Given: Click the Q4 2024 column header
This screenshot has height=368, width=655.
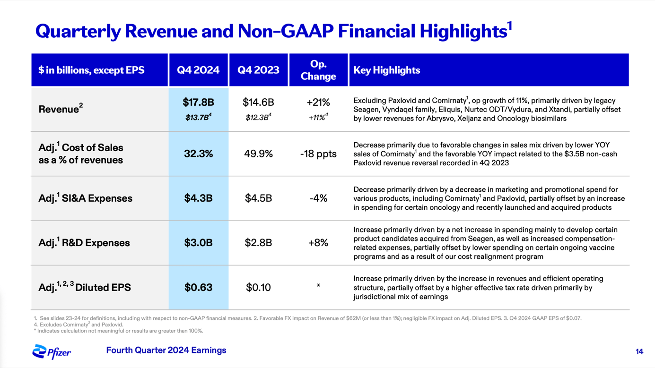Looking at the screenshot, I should [x=198, y=70].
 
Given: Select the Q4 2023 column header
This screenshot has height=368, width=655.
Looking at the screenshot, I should [x=258, y=70].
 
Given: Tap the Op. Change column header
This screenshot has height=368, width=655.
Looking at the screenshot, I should [x=318, y=70].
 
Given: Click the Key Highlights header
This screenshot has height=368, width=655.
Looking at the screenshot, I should [x=387, y=70].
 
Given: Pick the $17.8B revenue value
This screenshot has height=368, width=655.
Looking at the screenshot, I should [x=198, y=103].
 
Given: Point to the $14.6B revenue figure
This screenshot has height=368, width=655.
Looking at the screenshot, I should [x=258, y=103].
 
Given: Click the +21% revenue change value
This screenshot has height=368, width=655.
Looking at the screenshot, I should [x=318, y=103].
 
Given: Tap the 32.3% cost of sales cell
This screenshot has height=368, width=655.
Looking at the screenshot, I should [x=198, y=154].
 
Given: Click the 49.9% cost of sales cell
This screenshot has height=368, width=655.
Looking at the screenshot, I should [x=258, y=154].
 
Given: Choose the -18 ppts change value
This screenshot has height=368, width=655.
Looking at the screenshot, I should [x=318, y=154].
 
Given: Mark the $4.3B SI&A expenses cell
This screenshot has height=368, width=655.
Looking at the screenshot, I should [x=198, y=198].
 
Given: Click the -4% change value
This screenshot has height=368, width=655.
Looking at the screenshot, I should [x=318, y=198].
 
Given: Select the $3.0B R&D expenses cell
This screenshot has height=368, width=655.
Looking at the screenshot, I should [x=198, y=243].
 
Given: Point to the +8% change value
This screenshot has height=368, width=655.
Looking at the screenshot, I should [x=318, y=243].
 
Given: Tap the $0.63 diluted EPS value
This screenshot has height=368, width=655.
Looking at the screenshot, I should [x=198, y=287].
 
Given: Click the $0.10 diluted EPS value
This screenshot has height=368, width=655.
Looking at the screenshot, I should [x=258, y=287].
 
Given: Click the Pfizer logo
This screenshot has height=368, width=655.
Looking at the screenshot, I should [x=52, y=351].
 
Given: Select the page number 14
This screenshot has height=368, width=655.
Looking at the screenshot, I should [x=639, y=351].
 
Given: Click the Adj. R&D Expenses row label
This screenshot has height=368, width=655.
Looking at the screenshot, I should [x=84, y=243].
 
